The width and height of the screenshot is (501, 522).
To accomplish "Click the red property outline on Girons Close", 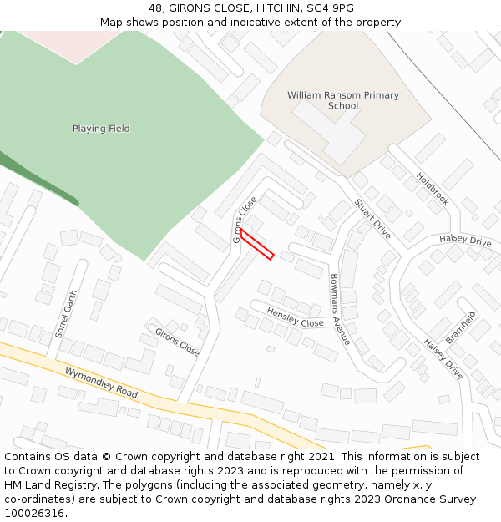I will coord(257,243).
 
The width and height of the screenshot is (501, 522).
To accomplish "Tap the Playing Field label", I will coord(101,129).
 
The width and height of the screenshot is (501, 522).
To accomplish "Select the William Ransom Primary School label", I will coord(343,100).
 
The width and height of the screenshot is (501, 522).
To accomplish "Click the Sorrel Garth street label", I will coord(66,313).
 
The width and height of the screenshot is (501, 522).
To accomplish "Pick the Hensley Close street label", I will coord(295,317).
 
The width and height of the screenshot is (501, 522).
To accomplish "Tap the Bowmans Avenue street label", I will coord(340,310).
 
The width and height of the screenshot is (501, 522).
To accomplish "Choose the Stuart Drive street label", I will coord(372,219).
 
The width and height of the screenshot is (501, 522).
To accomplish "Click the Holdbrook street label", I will coord(433,190).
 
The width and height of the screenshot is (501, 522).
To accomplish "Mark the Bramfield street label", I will coord(460,327).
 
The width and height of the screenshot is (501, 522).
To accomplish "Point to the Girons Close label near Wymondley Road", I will coord(177,342).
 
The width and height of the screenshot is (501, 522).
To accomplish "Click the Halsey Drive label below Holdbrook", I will coord(465,241).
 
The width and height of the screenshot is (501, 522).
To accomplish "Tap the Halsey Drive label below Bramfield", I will coord(443,358).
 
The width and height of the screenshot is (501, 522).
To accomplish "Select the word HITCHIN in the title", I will coord(265,8).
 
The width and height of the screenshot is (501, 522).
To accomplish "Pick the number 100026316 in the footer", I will coord(34,514).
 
